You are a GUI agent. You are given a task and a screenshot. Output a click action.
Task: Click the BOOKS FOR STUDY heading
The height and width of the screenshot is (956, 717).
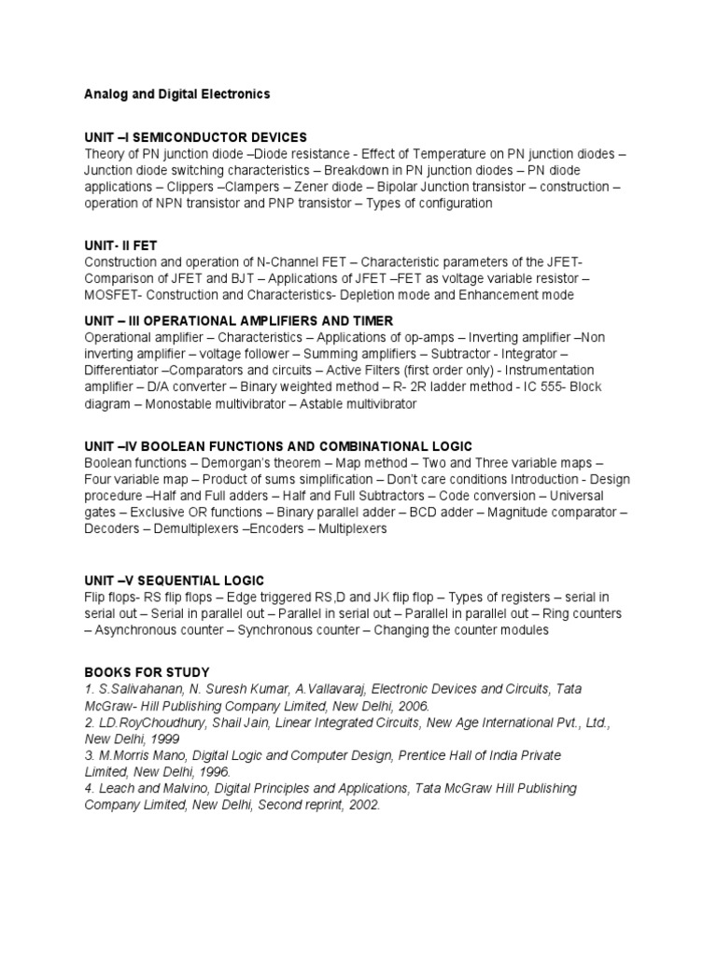click(147, 672)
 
